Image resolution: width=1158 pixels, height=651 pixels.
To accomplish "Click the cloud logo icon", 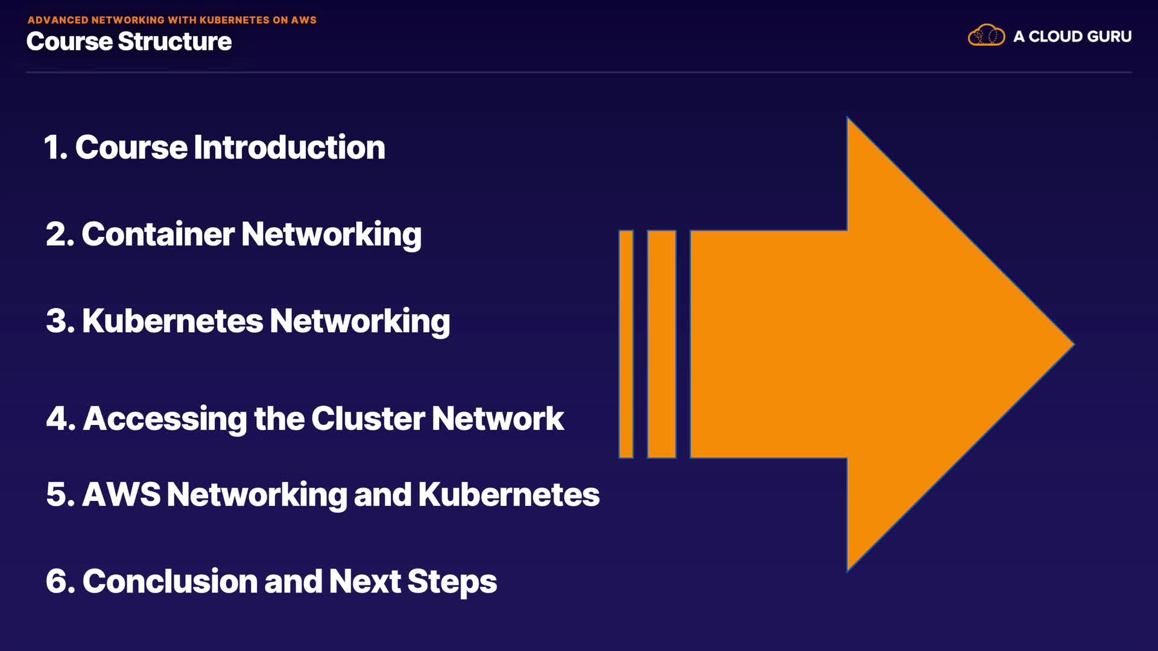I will pyautogui.click(x=986, y=36).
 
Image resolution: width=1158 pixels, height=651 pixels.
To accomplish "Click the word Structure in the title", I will pyautogui.click(x=174, y=42).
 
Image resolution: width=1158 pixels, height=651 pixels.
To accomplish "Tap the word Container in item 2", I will pyautogui.click(x=157, y=234).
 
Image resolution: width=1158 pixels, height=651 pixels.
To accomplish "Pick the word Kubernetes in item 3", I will pyautogui.click(x=172, y=321).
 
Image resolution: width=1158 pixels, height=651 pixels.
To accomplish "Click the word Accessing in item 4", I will pyautogui.click(x=165, y=419).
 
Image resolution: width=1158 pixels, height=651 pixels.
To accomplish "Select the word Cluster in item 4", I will pyautogui.click(x=368, y=419).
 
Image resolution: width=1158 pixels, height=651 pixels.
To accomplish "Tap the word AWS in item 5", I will pyautogui.click(x=121, y=495).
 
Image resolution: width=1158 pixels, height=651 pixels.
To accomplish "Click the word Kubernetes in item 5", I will pyautogui.click(x=508, y=495).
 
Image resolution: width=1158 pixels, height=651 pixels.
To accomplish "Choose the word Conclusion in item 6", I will pyautogui.click(x=169, y=582).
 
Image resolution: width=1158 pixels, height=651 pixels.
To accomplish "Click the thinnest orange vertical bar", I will pyautogui.click(x=626, y=344).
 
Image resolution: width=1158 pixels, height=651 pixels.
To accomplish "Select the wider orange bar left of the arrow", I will pyautogui.click(x=662, y=344).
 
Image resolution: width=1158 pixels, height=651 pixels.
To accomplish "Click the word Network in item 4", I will pyautogui.click(x=498, y=419).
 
